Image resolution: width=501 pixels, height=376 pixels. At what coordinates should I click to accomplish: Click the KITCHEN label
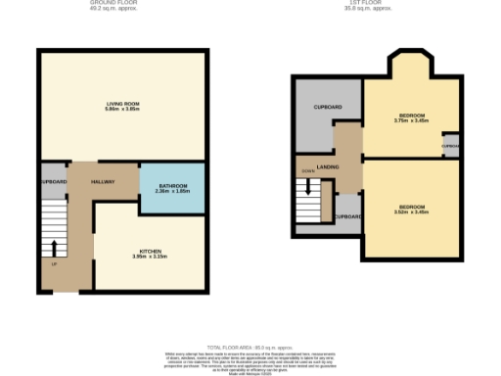pos(150,251)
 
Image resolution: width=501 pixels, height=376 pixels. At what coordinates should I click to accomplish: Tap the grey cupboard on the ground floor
pos(53,182)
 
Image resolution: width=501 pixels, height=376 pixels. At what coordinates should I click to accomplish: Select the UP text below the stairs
pos(54,263)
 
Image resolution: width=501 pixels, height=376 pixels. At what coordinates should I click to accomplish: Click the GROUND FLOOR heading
pos(122,3)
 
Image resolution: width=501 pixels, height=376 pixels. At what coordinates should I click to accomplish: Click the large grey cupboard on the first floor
pos(327,113)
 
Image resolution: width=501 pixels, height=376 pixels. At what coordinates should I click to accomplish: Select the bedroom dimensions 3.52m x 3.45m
pos(411,211)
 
